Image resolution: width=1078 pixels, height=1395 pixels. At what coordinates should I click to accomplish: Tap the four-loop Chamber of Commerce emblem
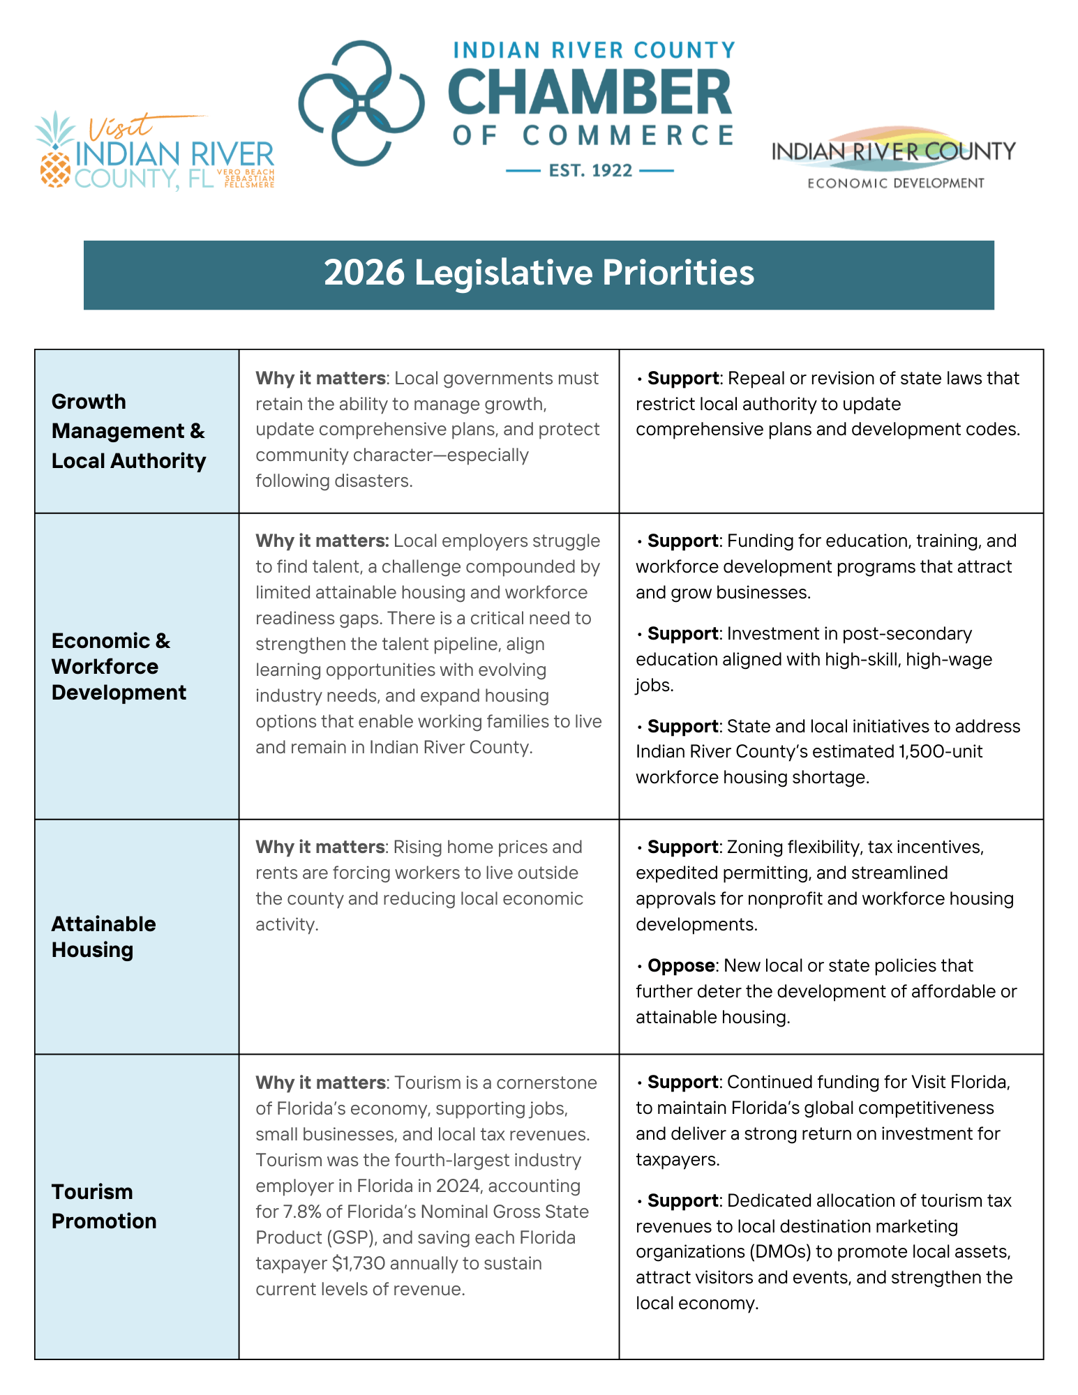pos(361,103)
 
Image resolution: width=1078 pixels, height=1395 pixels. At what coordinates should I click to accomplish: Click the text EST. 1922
pos(590,171)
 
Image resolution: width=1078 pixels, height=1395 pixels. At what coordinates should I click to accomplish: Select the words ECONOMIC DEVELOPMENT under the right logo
pos(895,183)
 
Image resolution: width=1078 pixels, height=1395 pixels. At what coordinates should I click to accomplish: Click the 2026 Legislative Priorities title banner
pos(539,274)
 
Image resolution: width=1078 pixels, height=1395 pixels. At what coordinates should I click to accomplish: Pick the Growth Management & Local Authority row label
pos(128,431)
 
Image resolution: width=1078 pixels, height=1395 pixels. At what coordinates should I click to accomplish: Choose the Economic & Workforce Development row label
pos(119,666)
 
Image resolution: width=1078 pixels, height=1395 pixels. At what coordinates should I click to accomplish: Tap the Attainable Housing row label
pos(103,937)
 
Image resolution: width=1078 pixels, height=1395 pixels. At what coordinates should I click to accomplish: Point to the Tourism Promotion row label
pos(103,1206)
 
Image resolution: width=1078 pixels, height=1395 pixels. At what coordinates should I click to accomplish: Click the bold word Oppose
pos(680,966)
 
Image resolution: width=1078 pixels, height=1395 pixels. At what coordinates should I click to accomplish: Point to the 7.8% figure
pos(300,1212)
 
